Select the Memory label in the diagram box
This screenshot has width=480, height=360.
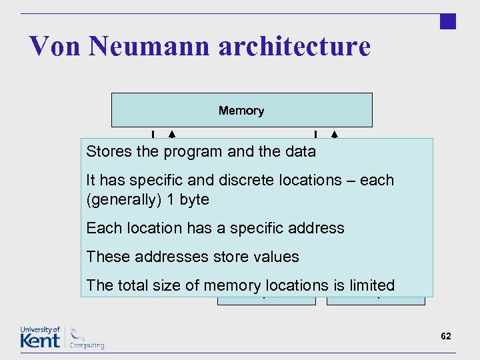pyautogui.click(x=241, y=111)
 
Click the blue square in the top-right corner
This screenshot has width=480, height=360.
pyautogui.click(x=448, y=21)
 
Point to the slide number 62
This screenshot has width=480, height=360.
pyautogui.click(x=446, y=336)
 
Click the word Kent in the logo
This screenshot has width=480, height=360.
pyautogui.click(x=39, y=341)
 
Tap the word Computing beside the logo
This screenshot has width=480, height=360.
pyautogui.click(x=87, y=345)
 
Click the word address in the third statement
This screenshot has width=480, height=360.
pyautogui.click(x=317, y=228)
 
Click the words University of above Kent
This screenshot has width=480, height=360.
pyautogui.click(x=40, y=329)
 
